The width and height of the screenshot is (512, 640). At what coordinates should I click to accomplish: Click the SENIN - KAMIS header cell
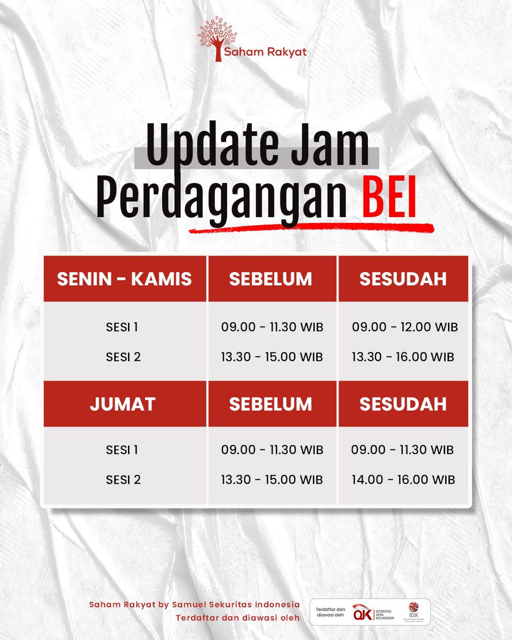pos(124,279)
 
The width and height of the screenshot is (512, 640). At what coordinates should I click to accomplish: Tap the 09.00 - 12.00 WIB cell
pos(405,327)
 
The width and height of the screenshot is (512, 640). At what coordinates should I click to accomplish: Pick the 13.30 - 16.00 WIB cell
pos(403,357)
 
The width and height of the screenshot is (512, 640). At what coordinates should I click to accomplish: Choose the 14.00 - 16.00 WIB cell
pos(403,479)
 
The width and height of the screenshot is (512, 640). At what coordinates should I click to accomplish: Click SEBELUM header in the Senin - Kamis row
pos(270,279)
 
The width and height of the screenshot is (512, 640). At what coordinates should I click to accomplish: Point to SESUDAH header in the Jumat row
pos(403,404)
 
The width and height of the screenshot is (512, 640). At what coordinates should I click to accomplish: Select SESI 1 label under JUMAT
pos(122,450)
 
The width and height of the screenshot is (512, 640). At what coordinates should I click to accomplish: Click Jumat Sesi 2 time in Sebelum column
pos(272,479)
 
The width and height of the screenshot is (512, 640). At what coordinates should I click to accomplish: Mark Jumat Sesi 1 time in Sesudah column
pos(402,450)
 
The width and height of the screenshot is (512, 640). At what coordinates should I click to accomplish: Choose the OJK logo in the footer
pos(365,611)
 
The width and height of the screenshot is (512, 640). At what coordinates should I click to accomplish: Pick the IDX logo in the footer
pos(413,611)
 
